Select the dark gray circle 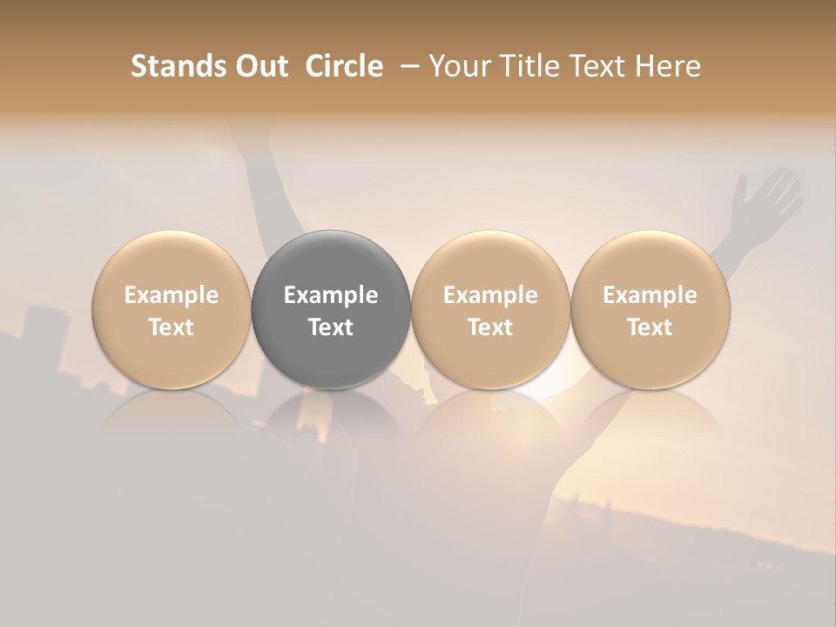pyautogui.click(x=331, y=310)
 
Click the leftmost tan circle pyautogui.click(x=172, y=310)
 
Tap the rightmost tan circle pyautogui.click(x=651, y=310)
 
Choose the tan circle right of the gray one pyautogui.click(x=490, y=310)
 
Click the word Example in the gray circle pyautogui.click(x=331, y=295)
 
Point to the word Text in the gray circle pyautogui.click(x=331, y=327)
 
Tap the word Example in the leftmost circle pyautogui.click(x=172, y=295)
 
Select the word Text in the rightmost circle pyautogui.click(x=651, y=327)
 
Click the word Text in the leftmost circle pyautogui.click(x=172, y=327)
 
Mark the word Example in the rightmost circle pyautogui.click(x=651, y=295)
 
